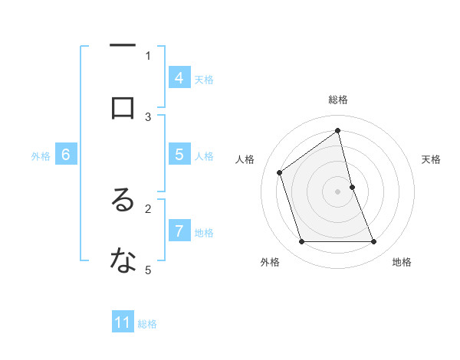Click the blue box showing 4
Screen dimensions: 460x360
click(x=179, y=78)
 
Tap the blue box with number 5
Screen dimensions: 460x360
click(x=179, y=155)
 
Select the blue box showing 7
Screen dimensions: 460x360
click(x=179, y=231)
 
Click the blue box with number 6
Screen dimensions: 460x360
click(x=66, y=155)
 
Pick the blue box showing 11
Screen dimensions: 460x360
click(x=123, y=323)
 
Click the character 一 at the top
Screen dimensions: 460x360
click(x=123, y=47)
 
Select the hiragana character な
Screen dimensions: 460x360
click(x=123, y=261)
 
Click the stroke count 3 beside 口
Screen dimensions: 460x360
click(x=148, y=116)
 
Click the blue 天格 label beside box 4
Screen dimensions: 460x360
click(x=204, y=80)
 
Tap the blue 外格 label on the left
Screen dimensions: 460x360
click(x=41, y=156)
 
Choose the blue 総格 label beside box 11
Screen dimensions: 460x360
click(x=147, y=324)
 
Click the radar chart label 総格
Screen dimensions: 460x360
click(x=338, y=100)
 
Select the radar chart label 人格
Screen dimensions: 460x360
click(x=245, y=159)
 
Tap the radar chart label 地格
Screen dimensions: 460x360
click(x=402, y=262)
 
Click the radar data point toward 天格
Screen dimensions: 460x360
click(x=352, y=187)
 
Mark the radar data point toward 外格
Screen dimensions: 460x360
click(x=301, y=242)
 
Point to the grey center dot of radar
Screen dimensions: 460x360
click(x=338, y=191)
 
